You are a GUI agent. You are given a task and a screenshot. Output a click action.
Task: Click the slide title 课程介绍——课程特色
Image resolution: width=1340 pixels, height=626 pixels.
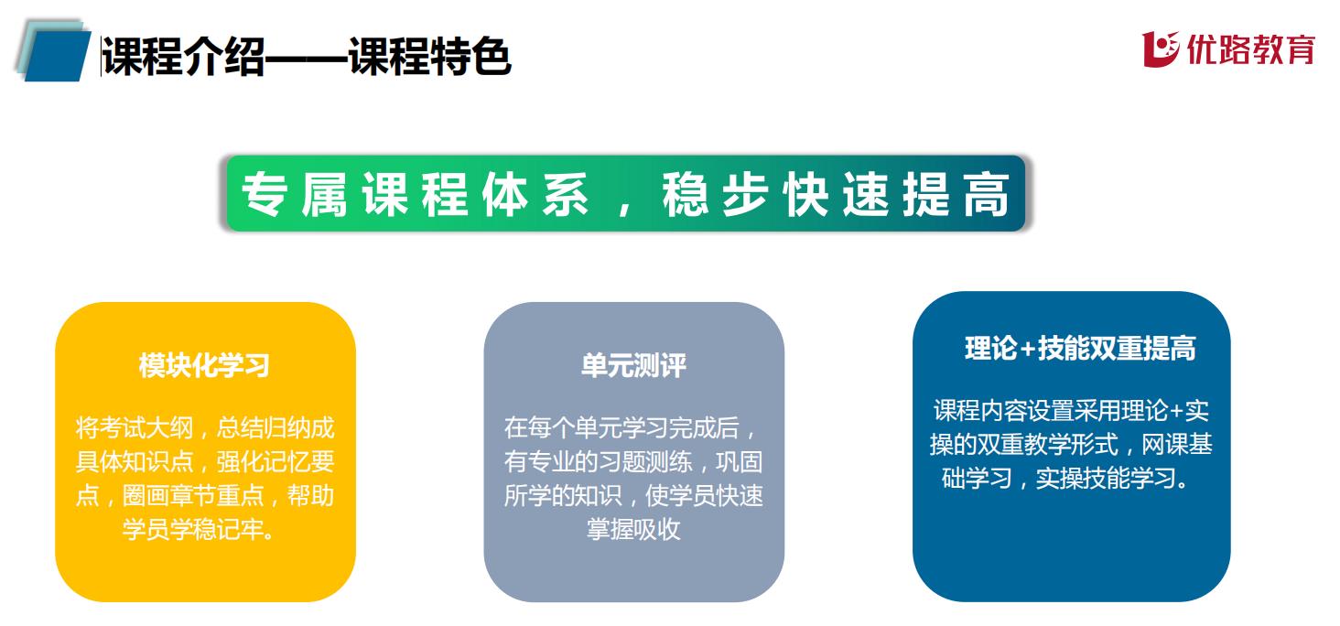tap(307, 56)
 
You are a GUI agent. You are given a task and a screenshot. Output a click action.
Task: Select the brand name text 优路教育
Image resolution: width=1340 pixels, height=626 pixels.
tap(1251, 49)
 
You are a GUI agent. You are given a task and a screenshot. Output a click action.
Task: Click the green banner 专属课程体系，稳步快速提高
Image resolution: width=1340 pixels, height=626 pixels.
tap(626, 193)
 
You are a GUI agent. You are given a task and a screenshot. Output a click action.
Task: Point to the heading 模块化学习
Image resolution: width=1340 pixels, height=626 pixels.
tap(204, 365)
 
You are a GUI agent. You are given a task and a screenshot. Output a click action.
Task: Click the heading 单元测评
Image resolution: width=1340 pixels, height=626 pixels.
tap(633, 365)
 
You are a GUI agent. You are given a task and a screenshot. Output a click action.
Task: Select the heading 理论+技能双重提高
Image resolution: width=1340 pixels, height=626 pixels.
tap(1080, 349)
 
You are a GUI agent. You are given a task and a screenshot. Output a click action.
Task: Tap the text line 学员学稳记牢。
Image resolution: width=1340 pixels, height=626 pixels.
tap(199, 530)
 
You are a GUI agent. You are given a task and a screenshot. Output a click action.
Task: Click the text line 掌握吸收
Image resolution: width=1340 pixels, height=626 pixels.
tap(633, 530)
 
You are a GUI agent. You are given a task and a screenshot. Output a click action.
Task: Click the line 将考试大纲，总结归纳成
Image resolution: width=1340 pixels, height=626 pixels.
tap(205, 428)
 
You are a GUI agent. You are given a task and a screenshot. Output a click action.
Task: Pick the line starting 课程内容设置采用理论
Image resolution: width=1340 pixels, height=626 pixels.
tap(1072, 411)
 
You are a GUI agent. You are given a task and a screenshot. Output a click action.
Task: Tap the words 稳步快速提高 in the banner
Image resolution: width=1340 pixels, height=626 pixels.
tap(836, 194)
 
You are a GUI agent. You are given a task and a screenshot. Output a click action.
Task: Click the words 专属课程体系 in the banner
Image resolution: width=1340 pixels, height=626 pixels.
tap(416, 194)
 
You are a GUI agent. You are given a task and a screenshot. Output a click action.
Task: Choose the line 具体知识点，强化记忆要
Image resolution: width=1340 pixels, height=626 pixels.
tap(205, 462)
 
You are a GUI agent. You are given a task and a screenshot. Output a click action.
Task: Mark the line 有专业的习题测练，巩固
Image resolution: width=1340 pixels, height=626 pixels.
tap(633, 462)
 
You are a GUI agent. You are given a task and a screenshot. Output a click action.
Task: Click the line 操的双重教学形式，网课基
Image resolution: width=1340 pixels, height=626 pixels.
tap(1072, 445)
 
